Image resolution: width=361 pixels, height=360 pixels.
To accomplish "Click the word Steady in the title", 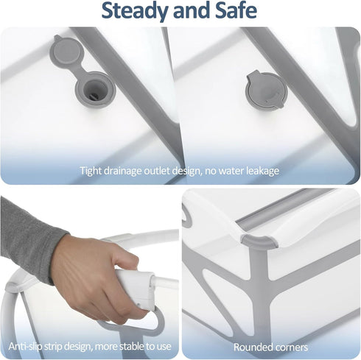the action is tap(135, 11).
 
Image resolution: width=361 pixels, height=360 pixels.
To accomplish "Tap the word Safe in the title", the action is tap(236, 10).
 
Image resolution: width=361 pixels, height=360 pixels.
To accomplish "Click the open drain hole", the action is tap(95, 89).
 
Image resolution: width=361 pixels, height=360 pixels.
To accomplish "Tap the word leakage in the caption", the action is tap(263, 171).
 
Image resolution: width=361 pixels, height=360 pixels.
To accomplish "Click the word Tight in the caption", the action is tap(91, 171).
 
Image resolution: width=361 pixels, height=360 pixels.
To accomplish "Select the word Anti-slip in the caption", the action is tap(25, 346).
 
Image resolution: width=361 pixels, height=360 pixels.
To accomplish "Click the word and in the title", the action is tap(192, 10).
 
